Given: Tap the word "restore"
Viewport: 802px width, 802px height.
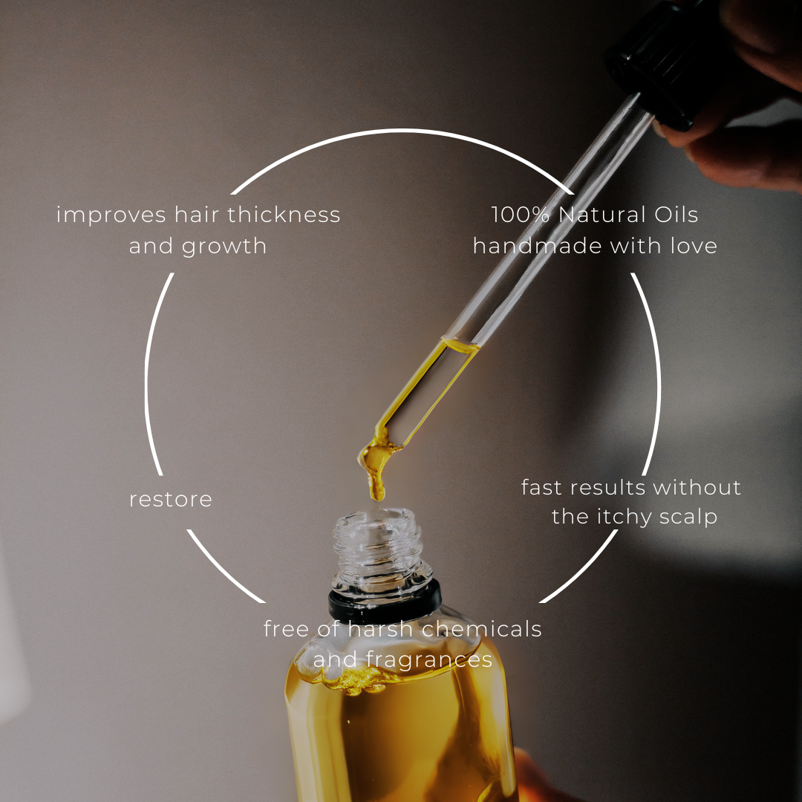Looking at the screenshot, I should tap(171, 499).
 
